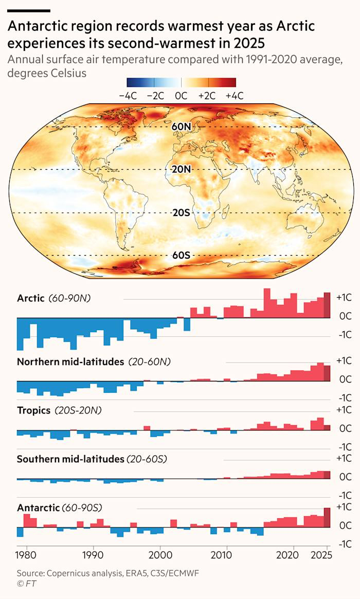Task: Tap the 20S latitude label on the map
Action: coord(181,212)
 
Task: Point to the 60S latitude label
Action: coord(181,255)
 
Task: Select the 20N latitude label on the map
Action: coord(181,169)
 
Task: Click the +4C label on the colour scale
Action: coord(234,96)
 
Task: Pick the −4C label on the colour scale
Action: coord(128,96)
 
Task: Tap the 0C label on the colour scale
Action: coord(181,96)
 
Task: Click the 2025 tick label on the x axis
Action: coord(322,555)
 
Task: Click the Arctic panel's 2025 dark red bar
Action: coord(327,305)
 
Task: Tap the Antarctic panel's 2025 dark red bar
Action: coord(327,517)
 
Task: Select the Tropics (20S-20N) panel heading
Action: coord(59,410)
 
